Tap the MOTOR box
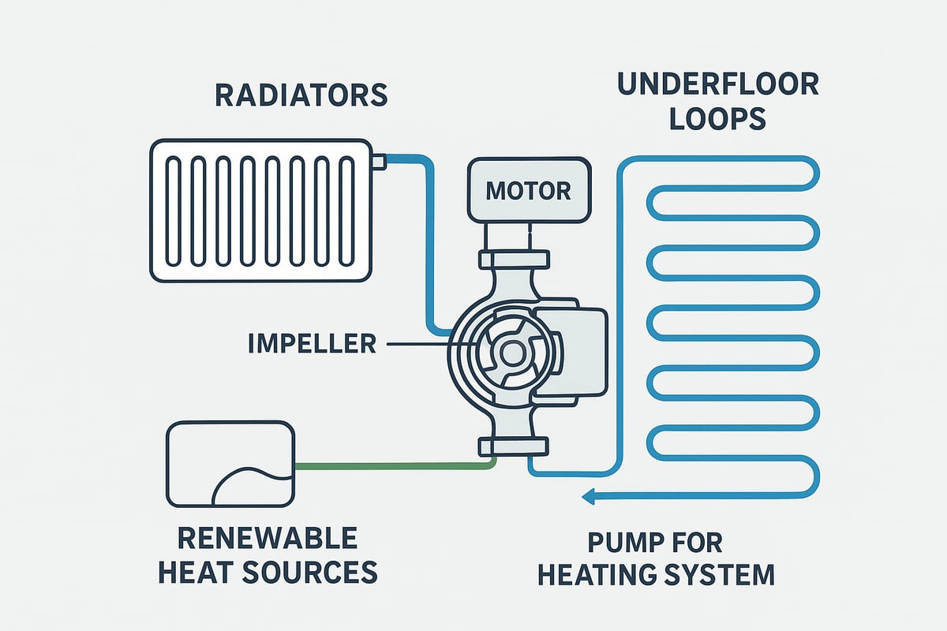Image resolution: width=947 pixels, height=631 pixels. pos(528,190)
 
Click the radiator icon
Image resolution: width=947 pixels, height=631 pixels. pos(260,211)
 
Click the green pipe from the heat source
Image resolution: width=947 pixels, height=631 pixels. pos(395,465)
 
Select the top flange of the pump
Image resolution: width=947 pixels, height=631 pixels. pos(512,259)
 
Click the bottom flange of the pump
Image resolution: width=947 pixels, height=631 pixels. pos(512,447)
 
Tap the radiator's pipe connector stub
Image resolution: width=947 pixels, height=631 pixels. pos(378,162)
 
